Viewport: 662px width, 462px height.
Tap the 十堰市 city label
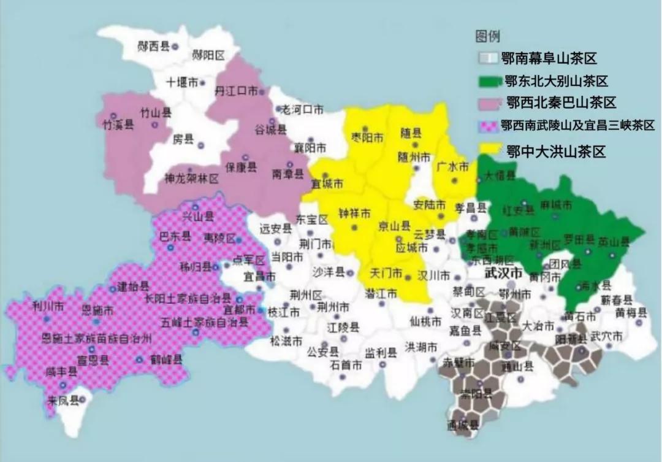(182, 82)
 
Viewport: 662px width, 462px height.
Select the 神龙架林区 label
(191, 179)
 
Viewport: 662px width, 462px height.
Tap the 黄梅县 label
(632, 312)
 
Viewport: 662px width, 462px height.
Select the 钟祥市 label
(354, 214)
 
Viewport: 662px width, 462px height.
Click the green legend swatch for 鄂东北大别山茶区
(489, 81)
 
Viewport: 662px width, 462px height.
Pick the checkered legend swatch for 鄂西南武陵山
(487, 126)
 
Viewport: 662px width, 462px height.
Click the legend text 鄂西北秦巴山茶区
(561, 103)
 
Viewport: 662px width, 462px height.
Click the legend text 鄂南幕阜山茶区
(549, 59)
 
